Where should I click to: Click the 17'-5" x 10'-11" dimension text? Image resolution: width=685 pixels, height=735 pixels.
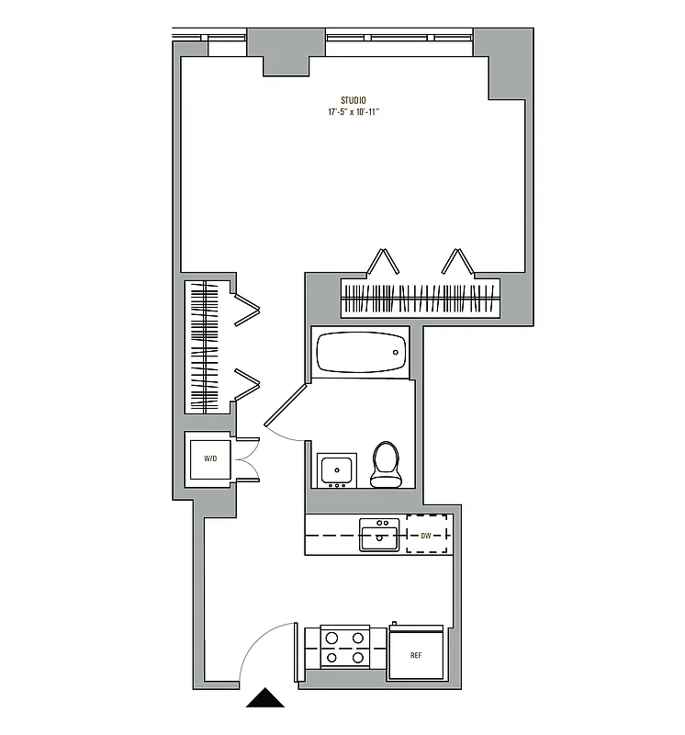tap(354, 112)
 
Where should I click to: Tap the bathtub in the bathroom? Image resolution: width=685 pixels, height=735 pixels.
tap(360, 353)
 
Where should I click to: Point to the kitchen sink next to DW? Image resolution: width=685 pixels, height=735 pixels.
tap(379, 535)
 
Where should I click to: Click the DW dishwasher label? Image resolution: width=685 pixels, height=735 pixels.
tap(426, 535)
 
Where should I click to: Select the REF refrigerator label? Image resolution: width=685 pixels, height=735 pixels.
tap(415, 656)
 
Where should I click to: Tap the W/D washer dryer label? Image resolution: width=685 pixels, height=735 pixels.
tap(210, 457)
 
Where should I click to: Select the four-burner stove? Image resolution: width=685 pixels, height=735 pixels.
tap(344, 647)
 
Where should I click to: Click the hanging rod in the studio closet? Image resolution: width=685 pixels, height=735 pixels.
tap(421, 299)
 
